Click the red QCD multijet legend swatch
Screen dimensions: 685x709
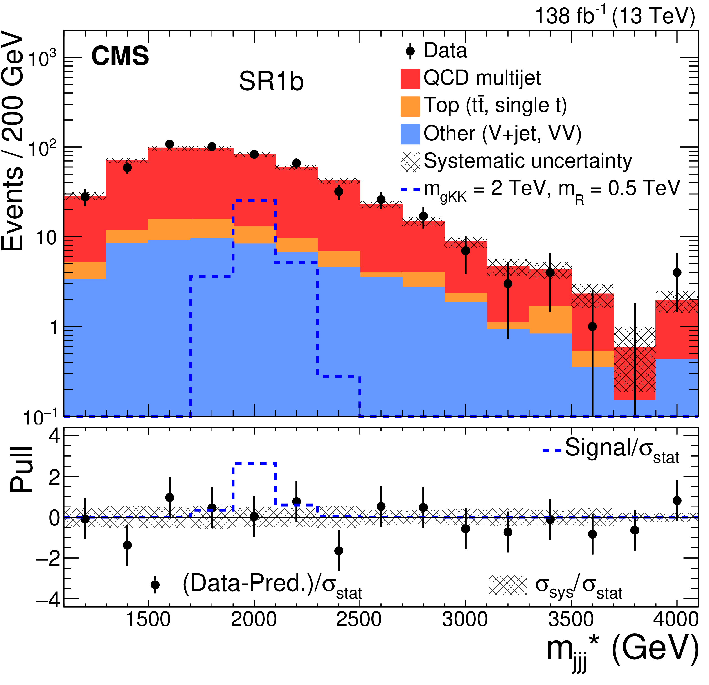pyautogui.click(x=410, y=79)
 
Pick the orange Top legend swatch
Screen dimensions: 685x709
pyautogui.click(x=410, y=106)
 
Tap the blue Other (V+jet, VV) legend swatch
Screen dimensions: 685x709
pyautogui.click(x=410, y=134)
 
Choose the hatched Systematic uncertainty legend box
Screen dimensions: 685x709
pyautogui.click(x=410, y=161)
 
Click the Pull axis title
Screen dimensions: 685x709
pyautogui.click(x=22, y=470)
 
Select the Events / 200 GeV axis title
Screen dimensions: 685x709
pyautogui.click(x=13, y=141)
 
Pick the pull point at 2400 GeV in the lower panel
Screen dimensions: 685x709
pyautogui.click(x=339, y=551)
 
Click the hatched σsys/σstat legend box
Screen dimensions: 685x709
pyautogui.click(x=508, y=585)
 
